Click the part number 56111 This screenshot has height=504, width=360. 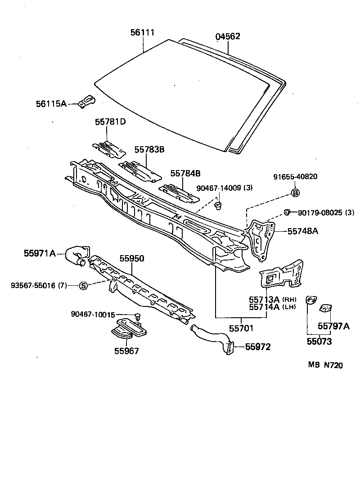[143, 33]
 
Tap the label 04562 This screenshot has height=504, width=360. [227, 36]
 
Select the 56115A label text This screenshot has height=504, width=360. [51, 104]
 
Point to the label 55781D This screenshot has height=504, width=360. [110, 122]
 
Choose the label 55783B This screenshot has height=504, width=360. [149, 149]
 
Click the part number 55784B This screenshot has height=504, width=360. [185, 173]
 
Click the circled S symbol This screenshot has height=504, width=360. [83, 285]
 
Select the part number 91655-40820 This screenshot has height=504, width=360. [295, 177]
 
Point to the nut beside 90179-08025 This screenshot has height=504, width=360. [286, 212]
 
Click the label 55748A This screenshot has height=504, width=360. [303, 231]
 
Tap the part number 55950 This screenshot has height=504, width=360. [132, 259]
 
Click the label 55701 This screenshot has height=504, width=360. [243, 328]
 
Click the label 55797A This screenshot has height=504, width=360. [333, 326]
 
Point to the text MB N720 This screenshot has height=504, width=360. [325, 365]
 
